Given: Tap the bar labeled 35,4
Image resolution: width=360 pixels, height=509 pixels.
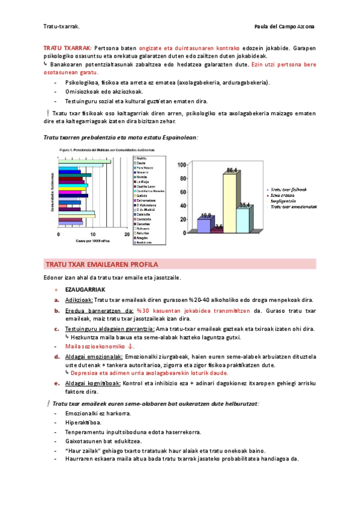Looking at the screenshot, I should pos(243,220).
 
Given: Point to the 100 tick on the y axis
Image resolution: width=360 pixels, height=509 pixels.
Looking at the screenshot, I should pos(181,164).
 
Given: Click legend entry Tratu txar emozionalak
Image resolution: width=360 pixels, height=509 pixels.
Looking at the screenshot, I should pos(293,206).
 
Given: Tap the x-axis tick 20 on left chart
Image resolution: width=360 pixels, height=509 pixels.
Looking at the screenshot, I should pos(127,235).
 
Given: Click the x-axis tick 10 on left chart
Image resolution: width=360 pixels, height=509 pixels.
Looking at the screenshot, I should pos(92,235).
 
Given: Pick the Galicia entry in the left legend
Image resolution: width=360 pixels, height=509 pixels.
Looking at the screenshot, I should pos(142,195).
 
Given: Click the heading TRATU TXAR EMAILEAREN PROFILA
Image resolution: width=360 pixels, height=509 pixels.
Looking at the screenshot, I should pos(101,264).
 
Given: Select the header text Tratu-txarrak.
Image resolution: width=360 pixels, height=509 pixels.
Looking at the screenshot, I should pos(62,27).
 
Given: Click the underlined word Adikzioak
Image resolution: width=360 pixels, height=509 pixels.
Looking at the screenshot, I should pos(79,300).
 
